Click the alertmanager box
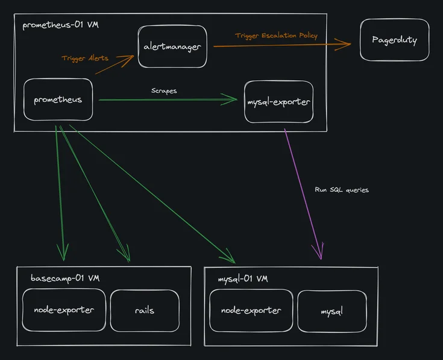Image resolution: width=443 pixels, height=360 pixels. coord(172,46)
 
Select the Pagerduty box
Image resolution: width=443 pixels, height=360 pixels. coord(394,40)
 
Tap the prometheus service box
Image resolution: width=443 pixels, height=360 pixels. coord(58,99)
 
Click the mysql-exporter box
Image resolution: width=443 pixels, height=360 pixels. coord(278,101)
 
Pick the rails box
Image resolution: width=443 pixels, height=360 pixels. coord(145,310)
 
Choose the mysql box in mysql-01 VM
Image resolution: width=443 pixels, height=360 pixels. coord(332,311)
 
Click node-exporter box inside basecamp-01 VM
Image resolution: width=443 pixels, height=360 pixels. coord(63,310)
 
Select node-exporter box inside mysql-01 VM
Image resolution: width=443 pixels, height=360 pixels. coord(251,311)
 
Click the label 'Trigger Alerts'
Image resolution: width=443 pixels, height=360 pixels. coord(85,58)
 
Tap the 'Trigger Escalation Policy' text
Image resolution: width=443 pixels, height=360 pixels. coord(276,36)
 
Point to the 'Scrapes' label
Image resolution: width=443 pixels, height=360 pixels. coord(164,90)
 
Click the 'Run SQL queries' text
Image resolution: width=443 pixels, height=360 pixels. coord(341,190)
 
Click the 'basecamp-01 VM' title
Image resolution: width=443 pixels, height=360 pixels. coord(65,278)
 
